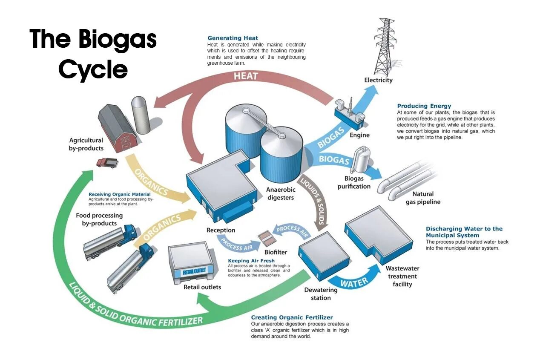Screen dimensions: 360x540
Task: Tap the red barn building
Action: pos(118,128)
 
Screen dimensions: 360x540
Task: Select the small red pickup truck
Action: pos(107,162)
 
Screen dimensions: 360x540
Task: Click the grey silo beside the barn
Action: pos(140,115)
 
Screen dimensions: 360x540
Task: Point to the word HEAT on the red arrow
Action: pos(246,76)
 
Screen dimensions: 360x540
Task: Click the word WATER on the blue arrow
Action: pos(354,282)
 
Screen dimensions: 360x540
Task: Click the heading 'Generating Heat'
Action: pos(233,38)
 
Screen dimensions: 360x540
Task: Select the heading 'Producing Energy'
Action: pos(424,106)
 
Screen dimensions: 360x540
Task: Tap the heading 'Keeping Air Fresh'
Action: pos(251,261)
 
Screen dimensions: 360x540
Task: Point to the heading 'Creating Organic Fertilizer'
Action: pos(292,317)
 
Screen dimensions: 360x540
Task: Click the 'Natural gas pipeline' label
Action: pos(422,198)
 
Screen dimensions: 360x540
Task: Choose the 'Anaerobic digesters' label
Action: pos(280,193)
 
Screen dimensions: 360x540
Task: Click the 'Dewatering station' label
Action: pos(321,294)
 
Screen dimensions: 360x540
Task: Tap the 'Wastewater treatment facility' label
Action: pos(402,276)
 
